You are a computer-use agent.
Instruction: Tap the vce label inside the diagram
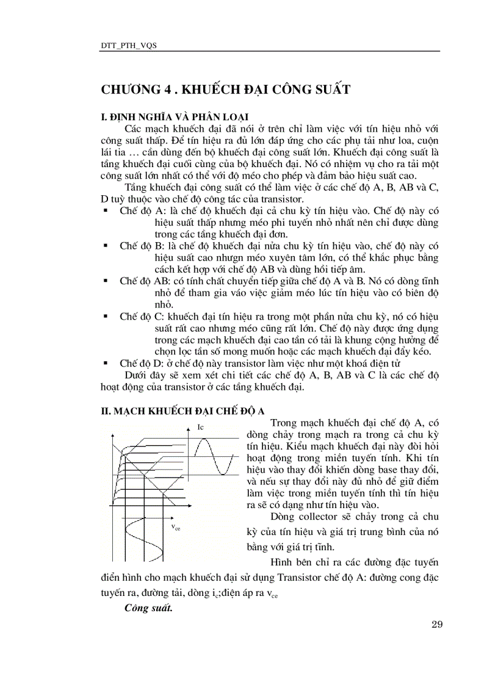tap(176, 527)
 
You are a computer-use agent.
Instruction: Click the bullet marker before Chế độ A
tap(106, 210)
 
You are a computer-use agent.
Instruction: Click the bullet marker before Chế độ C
tap(106, 316)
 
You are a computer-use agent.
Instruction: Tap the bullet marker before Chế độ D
tap(106, 363)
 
